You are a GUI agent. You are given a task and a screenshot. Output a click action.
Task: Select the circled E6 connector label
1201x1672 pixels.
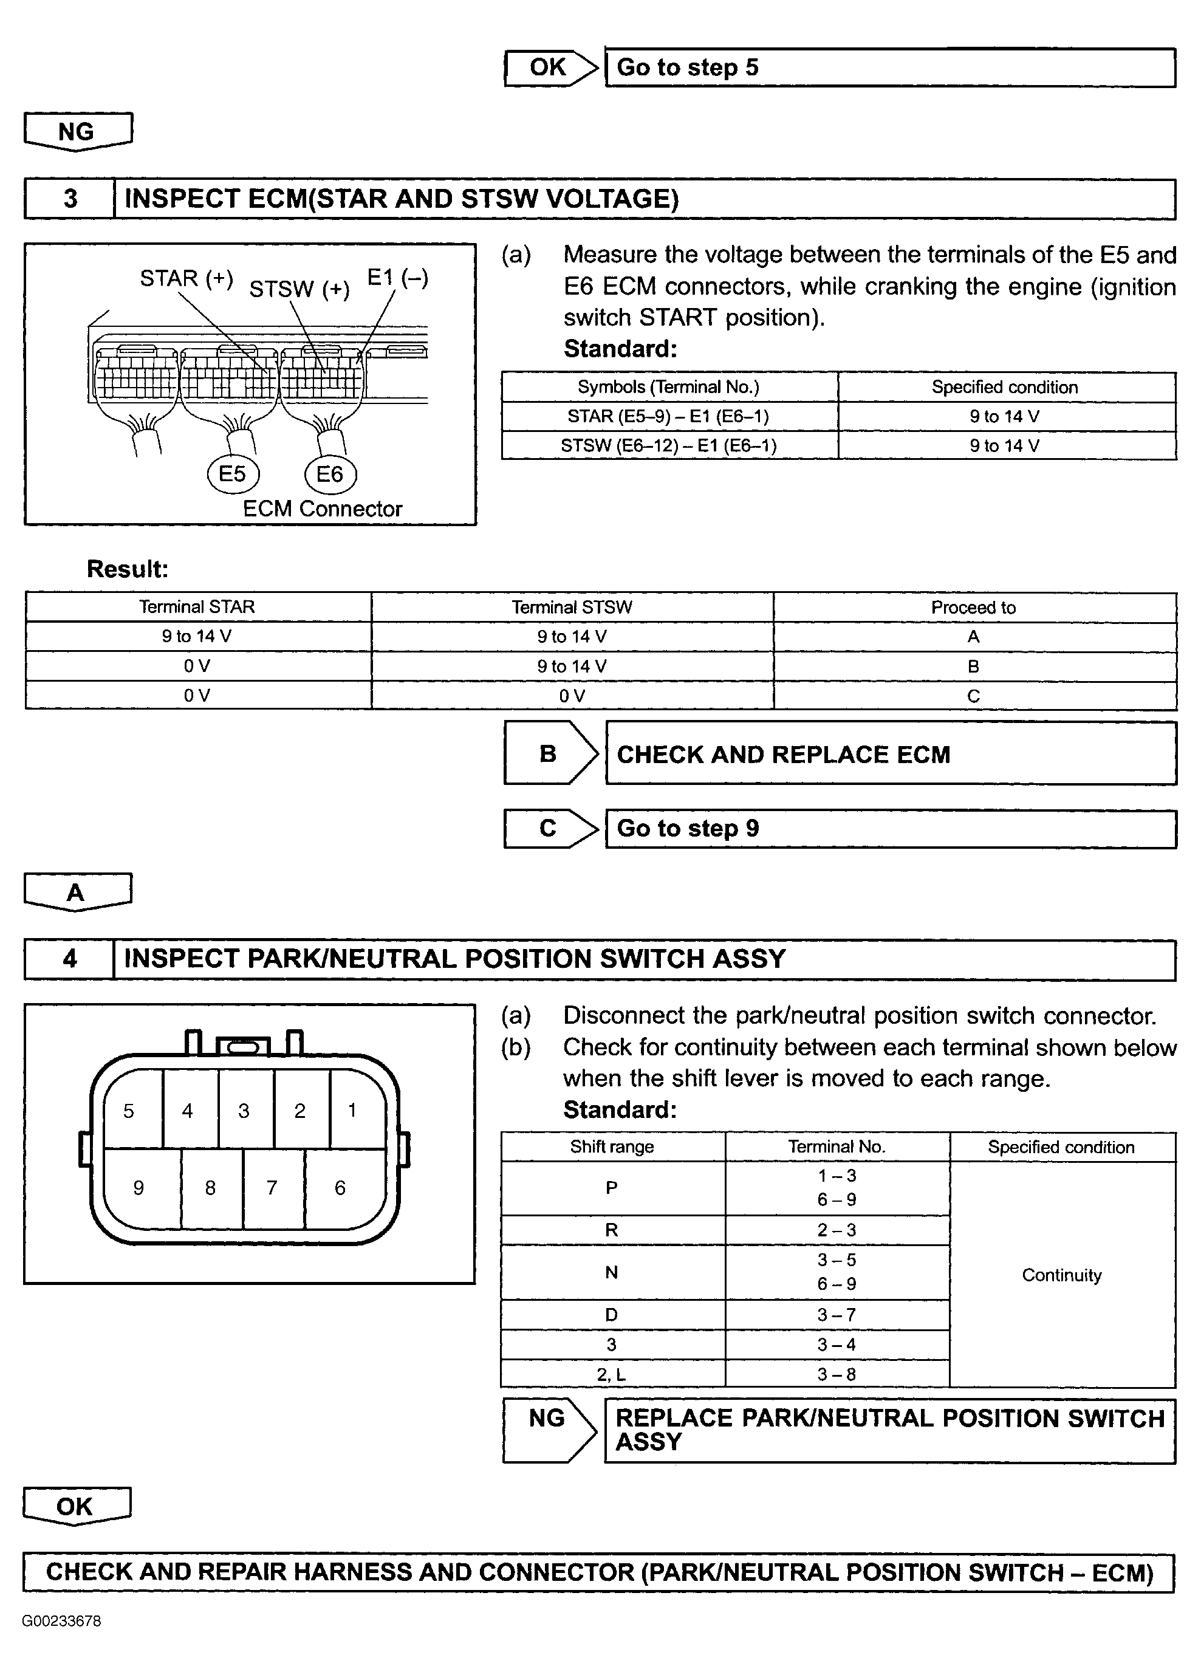pyautogui.click(x=329, y=473)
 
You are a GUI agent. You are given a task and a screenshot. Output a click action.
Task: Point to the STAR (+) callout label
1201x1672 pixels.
pyautogui.click(x=186, y=279)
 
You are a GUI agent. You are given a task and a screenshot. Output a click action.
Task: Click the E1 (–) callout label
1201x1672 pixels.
pyautogui.click(x=397, y=278)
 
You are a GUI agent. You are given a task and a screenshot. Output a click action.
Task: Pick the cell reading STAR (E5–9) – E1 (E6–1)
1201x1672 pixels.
pyautogui.click(x=669, y=417)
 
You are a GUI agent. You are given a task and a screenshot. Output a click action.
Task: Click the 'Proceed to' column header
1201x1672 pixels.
pyautogui.click(x=973, y=608)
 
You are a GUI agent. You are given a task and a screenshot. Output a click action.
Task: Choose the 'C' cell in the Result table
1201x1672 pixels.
pyautogui.click(x=973, y=696)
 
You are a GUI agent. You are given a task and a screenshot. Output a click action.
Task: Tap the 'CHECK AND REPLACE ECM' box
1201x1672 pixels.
pyautogui.click(x=890, y=753)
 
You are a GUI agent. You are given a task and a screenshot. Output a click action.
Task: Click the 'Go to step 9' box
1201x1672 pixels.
pyautogui.click(x=890, y=829)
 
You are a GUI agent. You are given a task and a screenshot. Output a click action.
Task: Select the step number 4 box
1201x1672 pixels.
pyautogui.click(x=70, y=959)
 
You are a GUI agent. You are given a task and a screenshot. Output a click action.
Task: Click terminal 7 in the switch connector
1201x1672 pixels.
pyautogui.click(x=272, y=1188)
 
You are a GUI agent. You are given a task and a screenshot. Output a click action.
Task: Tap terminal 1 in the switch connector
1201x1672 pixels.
pyautogui.click(x=353, y=1110)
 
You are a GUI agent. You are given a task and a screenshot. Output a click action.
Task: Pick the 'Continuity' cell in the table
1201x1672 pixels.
pyautogui.click(x=1062, y=1275)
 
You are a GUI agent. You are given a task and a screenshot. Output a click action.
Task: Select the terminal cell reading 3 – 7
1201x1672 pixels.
pyautogui.click(x=837, y=1314)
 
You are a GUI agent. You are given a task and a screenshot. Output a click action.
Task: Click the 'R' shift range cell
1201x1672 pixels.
pyautogui.click(x=612, y=1230)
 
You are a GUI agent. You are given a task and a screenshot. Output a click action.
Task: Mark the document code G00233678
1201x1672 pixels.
pyautogui.click(x=61, y=1621)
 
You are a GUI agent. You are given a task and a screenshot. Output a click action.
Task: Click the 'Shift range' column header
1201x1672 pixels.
pyautogui.click(x=612, y=1147)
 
